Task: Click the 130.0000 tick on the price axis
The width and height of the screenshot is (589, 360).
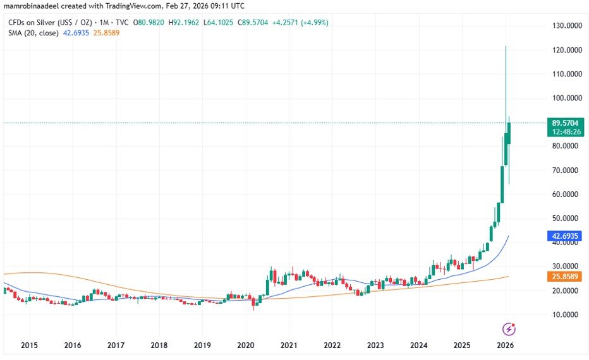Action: (566, 26)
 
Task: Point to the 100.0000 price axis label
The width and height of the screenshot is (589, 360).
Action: (566, 98)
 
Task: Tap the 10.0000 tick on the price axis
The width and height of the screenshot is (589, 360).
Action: (566, 315)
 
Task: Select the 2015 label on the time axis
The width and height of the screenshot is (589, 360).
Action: (29, 345)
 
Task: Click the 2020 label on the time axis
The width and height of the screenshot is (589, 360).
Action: (245, 345)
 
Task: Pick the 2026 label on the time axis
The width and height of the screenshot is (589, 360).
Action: (504, 345)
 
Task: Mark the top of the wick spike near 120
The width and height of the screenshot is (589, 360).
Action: (506, 47)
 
